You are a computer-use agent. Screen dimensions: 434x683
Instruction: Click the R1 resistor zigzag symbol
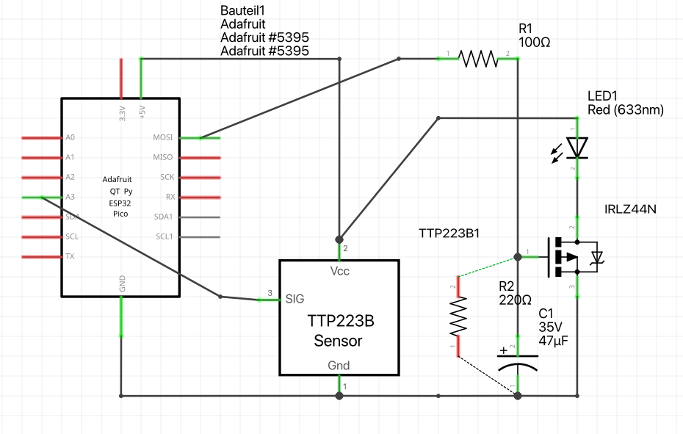click(478, 59)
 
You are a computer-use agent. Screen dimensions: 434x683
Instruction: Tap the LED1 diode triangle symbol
click(578, 148)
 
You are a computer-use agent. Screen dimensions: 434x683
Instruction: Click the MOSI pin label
click(162, 137)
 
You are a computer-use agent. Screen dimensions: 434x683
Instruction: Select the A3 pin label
click(70, 198)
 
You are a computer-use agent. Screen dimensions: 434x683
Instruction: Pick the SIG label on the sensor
click(295, 298)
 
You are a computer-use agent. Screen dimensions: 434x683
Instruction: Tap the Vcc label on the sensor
click(339, 271)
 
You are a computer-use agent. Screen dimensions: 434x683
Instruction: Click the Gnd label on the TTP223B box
click(339, 365)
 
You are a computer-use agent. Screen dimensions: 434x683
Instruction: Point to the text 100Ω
click(535, 43)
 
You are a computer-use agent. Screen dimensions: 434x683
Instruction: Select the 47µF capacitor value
click(554, 341)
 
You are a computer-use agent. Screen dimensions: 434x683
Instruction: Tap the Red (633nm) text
click(626, 110)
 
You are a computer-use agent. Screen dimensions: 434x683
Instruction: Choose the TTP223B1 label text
click(449, 234)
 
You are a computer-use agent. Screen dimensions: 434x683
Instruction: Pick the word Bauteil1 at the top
click(243, 11)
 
